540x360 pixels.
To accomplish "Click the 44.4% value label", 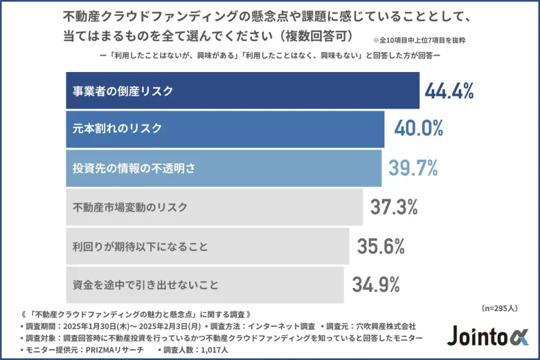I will [449, 91].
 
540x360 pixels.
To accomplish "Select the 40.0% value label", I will [418, 129].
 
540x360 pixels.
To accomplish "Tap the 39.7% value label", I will [415, 168].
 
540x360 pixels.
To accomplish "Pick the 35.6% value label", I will [381, 246].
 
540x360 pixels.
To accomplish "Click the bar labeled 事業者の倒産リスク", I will [242, 91].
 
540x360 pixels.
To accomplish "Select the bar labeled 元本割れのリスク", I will [225, 129].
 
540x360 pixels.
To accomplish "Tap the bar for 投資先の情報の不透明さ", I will [224, 168].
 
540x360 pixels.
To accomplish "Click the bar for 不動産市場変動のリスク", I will [215, 206].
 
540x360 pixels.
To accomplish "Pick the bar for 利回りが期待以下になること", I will [207, 246].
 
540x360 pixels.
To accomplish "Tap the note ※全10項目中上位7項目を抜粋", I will [418, 40].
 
